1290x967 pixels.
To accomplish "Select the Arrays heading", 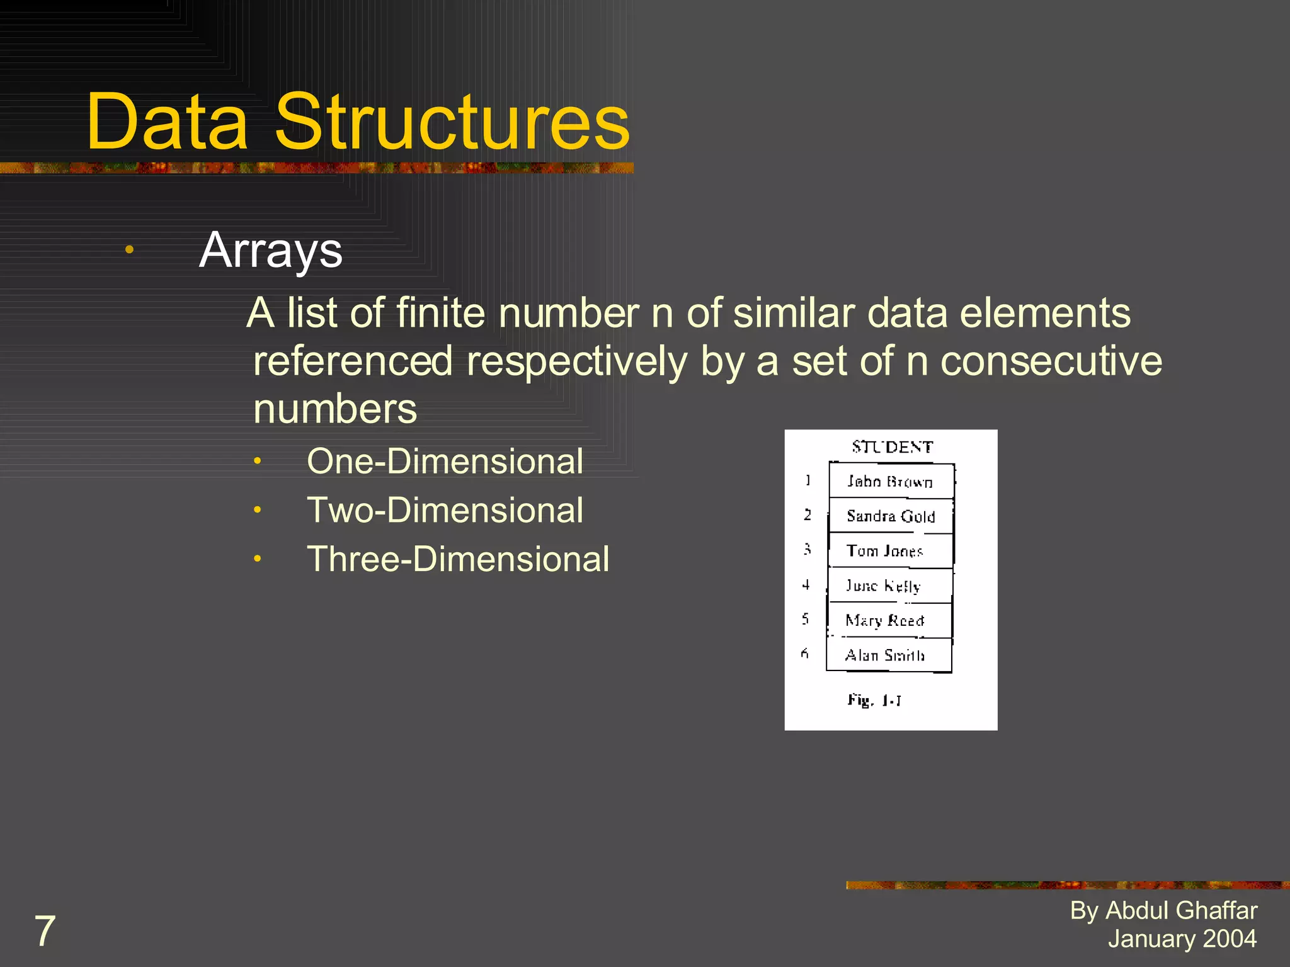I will click(271, 251).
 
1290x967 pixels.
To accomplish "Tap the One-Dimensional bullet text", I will click(445, 461).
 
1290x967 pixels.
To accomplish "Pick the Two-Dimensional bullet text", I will click(445, 510).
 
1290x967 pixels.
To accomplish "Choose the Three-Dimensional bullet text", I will click(458, 559).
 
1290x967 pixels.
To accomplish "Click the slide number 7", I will click(45, 931).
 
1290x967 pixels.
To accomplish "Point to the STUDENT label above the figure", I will click(892, 447).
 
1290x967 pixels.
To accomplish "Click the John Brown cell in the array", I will click(890, 482).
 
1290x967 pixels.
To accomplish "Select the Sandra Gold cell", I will click(890, 516).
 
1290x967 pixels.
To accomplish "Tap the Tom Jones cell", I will click(885, 551).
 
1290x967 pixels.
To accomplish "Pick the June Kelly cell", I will click(883, 586).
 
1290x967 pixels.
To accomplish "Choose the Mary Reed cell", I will click(884, 621).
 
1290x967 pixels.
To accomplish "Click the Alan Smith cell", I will click(884, 655).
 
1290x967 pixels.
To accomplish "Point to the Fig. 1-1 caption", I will click(874, 700).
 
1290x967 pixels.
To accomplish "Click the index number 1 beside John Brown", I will click(808, 481).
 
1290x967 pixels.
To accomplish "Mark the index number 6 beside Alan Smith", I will click(804, 653).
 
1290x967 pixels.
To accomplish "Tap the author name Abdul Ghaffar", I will click(1181, 910).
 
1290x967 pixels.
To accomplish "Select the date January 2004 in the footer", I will click(1182, 939).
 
